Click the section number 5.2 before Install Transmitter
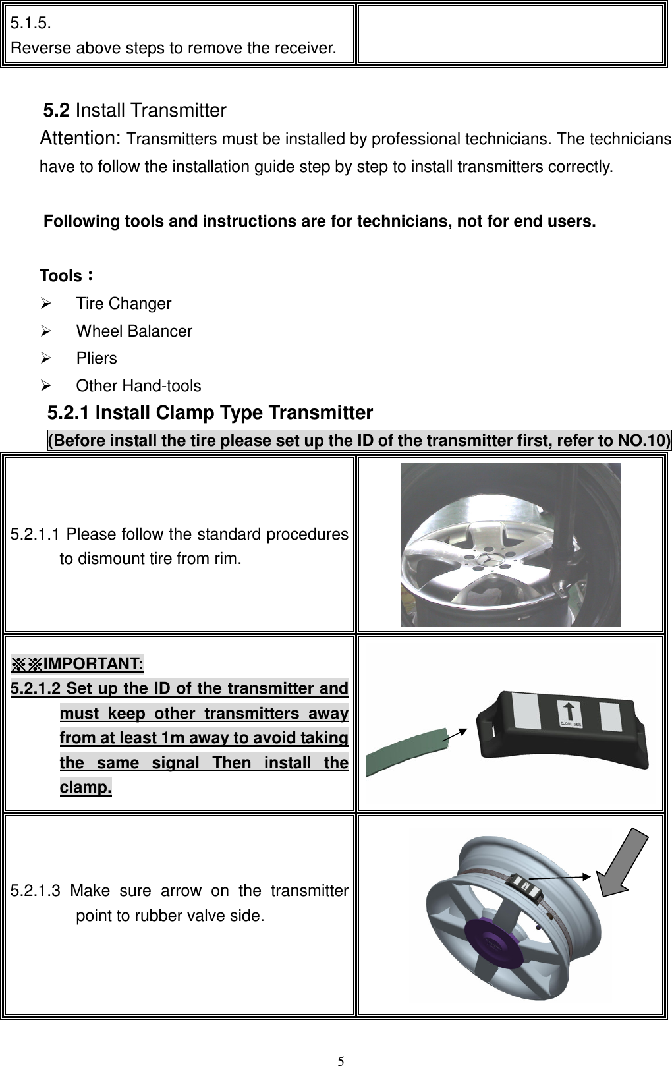[x=57, y=110]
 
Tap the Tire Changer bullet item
[x=123, y=304]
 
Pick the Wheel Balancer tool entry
[x=134, y=331]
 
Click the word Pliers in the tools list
[x=96, y=358]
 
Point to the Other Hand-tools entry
[x=138, y=386]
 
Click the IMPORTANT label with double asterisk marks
[x=78, y=662]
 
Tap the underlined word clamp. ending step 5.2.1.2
[x=86, y=788]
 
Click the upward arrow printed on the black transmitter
[x=569, y=712]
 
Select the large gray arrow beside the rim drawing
[x=623, y=858]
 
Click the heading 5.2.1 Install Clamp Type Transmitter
[x=210, y=413]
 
